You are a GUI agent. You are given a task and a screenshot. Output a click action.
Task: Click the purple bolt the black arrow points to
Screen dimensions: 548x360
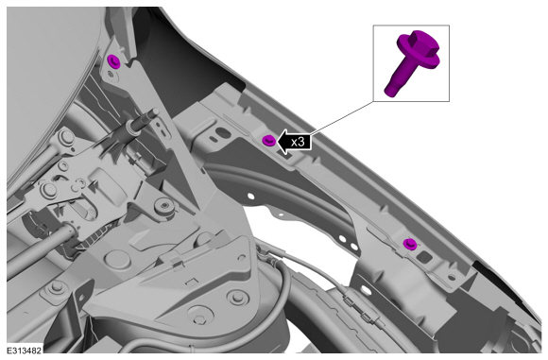[268, 141]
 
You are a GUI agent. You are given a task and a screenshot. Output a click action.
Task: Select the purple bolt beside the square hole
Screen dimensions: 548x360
[409, 244]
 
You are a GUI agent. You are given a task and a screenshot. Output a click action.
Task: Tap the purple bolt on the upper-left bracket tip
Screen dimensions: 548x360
[113, 61]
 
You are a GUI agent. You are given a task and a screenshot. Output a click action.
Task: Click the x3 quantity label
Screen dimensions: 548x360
[298, 142]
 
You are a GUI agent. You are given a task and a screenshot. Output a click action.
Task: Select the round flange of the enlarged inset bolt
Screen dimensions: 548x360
[419, 53]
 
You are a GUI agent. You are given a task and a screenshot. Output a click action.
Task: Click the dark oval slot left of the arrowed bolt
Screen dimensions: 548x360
[221, 131]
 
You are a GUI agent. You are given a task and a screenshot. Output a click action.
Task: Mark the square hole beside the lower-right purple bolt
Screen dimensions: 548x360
[424, 257]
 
